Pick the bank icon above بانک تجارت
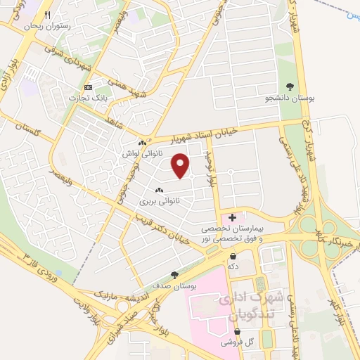88,86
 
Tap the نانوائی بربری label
159,200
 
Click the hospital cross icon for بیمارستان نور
232,218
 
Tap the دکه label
232,267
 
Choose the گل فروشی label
238,342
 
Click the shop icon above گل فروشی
238,331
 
